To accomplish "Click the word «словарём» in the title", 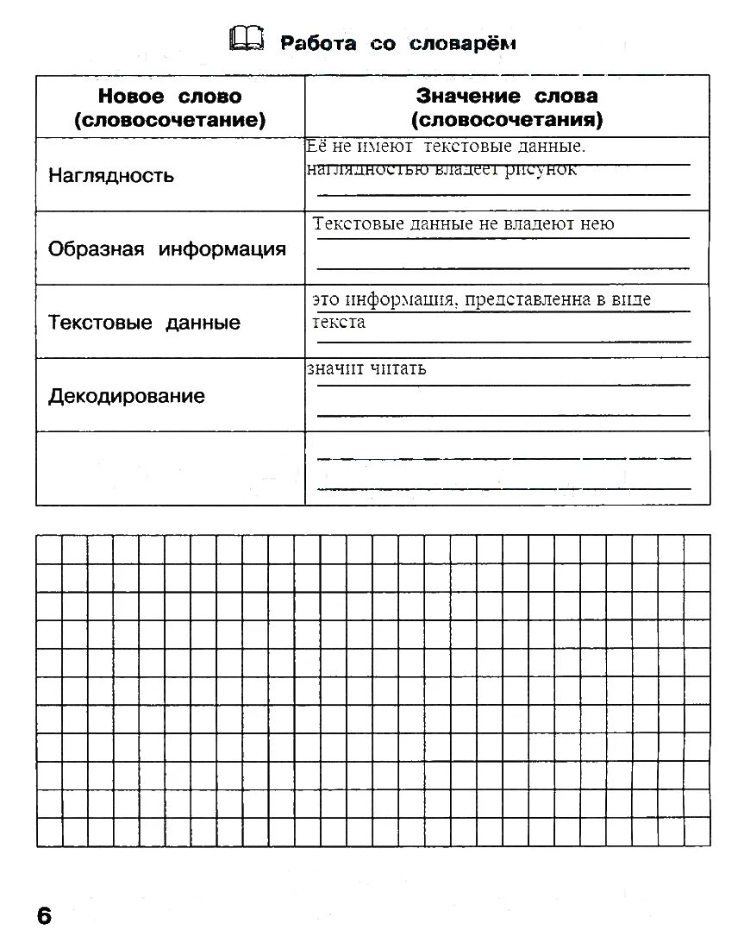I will coord(462,42).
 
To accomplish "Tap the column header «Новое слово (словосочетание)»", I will coord(170,108).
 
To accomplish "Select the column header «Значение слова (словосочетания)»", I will coord(507,108).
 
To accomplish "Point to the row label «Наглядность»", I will coord(111,176).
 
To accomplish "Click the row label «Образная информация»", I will coord(167,249).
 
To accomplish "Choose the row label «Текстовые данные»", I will coord(144,323).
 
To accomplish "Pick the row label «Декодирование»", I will coord(127,396).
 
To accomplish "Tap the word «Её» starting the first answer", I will coord(316,148).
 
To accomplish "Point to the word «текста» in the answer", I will coord(339,323).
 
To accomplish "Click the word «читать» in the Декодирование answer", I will coord(398,369).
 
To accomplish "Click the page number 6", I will coord(45,915).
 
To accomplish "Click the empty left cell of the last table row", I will coord(170,468).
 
